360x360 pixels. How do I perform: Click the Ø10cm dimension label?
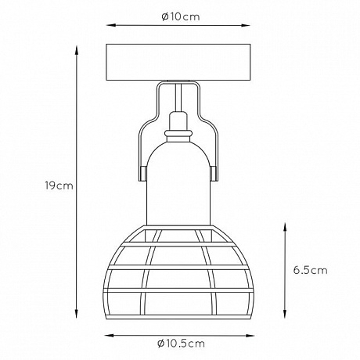pos(181,17)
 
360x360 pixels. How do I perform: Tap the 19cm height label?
pos(59,185)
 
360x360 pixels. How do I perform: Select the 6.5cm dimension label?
pos(310,270)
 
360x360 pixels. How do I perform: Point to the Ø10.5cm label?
pos(181,344)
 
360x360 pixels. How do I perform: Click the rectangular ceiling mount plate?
pos(178,62)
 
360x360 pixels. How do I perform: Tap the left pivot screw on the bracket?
pos(142,174)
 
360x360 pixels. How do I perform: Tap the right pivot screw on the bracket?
pos(214,174)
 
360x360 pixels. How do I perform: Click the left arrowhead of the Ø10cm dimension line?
pos(110,25)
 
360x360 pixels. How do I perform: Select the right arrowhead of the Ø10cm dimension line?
pos(246,25)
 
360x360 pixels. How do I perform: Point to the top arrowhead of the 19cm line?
pos(77,49)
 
